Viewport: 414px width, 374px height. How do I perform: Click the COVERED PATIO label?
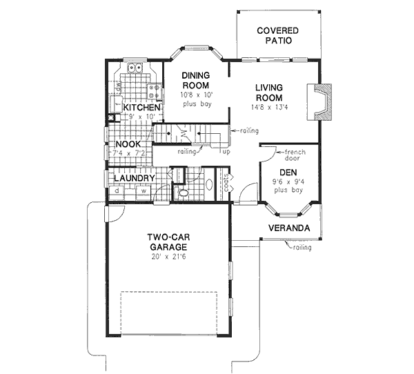(277, 36)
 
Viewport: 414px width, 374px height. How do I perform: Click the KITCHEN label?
(141, 108)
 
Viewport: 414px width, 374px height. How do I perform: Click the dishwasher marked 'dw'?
(119, 88)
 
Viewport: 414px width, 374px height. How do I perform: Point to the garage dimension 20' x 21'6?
(168, 257)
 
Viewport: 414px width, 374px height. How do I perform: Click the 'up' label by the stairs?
(226, 151)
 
